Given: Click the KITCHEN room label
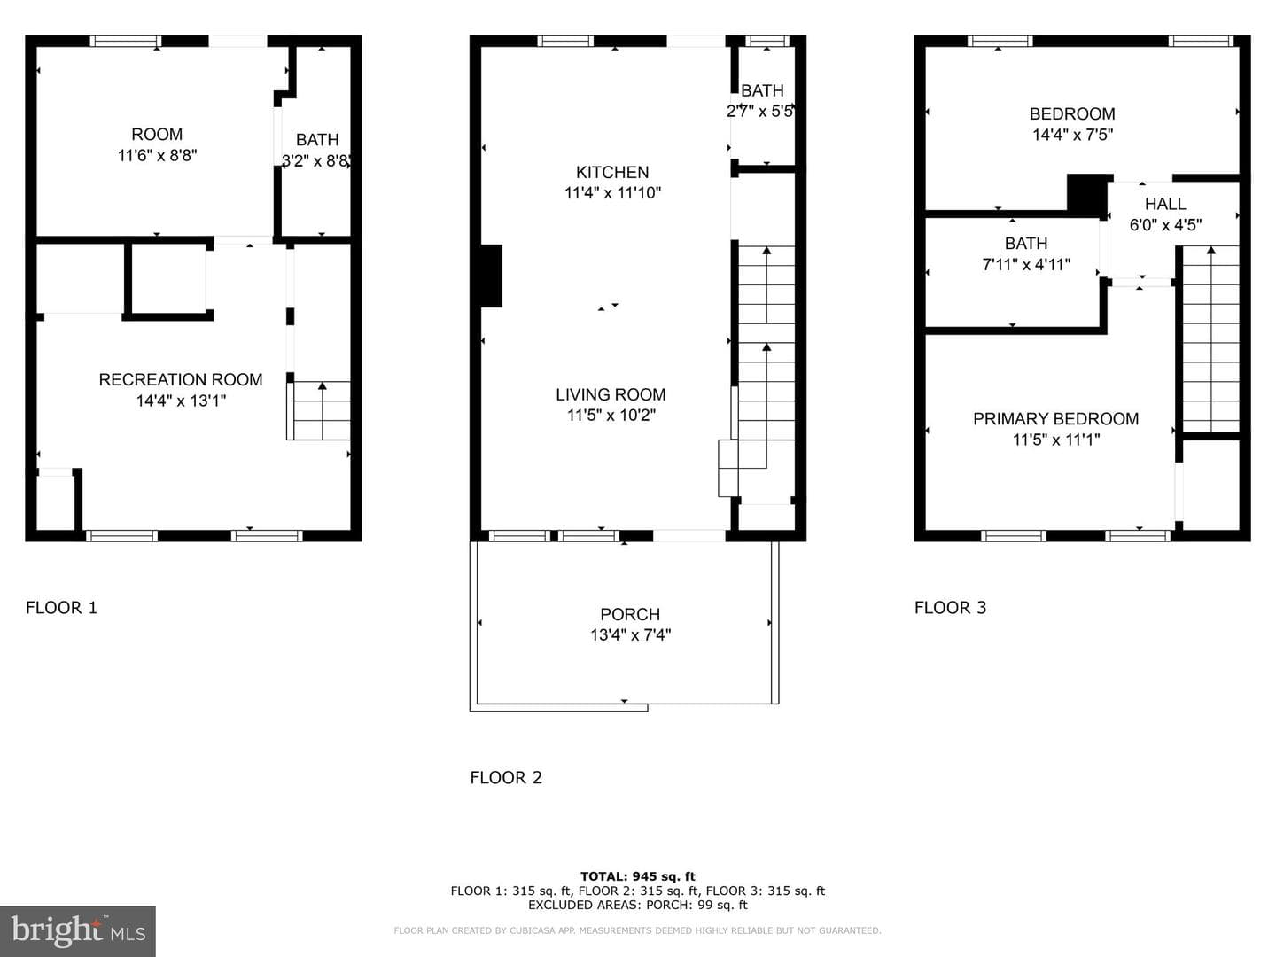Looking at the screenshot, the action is pyautogui.click(x=612, y=172).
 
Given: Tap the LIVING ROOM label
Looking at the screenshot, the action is pyautogui.click(x=611, y=394).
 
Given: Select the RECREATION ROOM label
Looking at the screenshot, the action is pyautogui.click(x=180, y=379).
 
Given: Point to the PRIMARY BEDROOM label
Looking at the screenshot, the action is pyautogui.click(x=1055, y=419).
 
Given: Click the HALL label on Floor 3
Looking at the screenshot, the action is pyautogui.click(x=1165, y=204).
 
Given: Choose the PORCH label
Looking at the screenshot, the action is pyautogui.click(x=630, y=614).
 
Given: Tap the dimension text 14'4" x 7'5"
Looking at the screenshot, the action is pyautogui.click(x=1072, y=135).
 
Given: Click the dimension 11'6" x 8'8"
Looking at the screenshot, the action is pyautogui.click(x=157, y=156).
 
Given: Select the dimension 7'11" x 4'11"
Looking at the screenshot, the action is pyautogui.click(x=1026, y=265).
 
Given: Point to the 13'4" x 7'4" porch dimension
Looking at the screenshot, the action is pyautogui.click(x=631, y=635).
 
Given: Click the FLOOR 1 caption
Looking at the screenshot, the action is pyautogui.click(x=61, y=608).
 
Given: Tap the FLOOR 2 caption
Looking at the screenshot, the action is pyautogui.click(x=506, y=777).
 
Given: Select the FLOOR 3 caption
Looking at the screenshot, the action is pyautogui.click(x=950, y=608).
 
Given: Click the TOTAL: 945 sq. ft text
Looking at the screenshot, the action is pyautogui.click(x=638, y=876).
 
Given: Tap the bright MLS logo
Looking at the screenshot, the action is pyautogui.click(x=78, y=930).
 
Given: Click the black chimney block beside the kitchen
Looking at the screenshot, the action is pyautogui.click(x=491, y=276).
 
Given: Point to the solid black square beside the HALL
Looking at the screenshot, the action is pyautogui.click(x=1086, y=194).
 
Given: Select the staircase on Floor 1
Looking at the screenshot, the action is pyautogui.click(x=319, y=410).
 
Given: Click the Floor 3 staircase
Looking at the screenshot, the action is pyautogui.click(x=1210, y=339).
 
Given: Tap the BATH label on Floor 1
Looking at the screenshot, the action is pyautogui.click(x=317, y=140).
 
